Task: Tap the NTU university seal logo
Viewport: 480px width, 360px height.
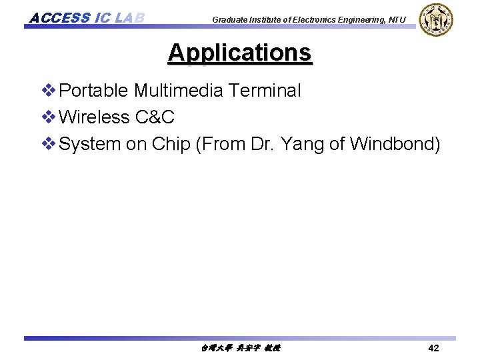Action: coord(436,19)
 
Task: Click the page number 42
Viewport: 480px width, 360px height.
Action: coord(433,348)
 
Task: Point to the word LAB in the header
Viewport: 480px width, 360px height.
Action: coord(129,17)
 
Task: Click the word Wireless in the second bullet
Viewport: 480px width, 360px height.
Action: coord(94,117)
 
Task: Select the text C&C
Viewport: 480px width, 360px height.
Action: coord(155,117)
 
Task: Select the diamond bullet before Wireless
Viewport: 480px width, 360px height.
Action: coord(48,117)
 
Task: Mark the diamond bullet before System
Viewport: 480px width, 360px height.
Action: coord(48,144)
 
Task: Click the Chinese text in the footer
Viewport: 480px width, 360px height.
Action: coord(240,348)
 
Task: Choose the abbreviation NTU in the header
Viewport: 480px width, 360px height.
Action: coord(397,20)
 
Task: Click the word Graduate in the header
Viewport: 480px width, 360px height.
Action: coord(230,20)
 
